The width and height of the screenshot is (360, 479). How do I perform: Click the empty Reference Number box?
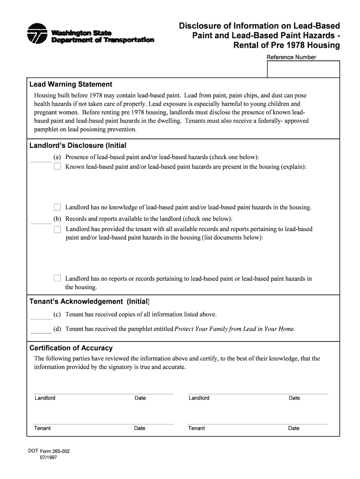coord(303,69)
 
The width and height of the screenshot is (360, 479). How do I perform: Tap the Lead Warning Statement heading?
coord(71,85)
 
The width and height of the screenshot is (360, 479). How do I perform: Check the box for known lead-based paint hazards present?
coord(58,167)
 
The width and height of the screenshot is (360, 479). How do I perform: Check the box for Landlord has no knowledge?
coord(58,207)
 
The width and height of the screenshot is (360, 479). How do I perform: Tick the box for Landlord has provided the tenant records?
coord(58,229)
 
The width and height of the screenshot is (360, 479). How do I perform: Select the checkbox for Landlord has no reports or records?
coord(58,278)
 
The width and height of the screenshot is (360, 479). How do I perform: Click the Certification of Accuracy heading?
coord(71,348)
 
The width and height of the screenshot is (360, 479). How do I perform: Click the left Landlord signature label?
coord(45,398)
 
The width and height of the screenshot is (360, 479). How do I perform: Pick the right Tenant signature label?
coord(196,428)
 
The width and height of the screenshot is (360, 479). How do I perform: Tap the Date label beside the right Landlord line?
coord(294,398)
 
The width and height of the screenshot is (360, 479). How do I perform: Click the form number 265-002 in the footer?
coord(55,452)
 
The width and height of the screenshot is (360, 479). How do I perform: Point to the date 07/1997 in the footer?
coord(48,459)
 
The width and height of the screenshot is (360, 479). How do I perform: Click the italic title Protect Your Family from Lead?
coord(234,329)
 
